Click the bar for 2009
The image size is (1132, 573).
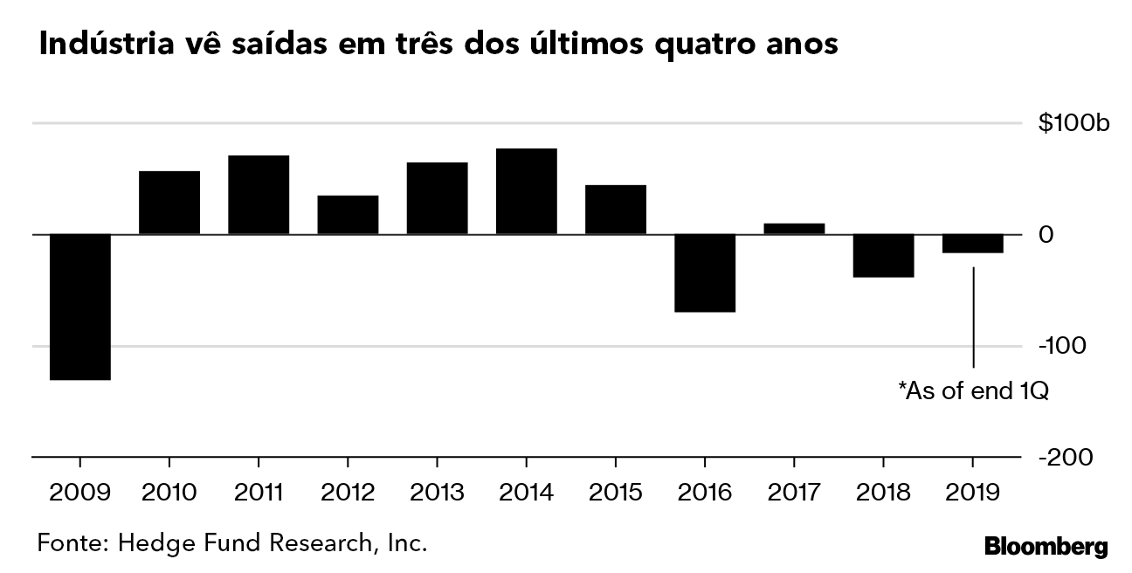coord(79,307)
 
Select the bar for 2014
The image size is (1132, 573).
coord(526,191)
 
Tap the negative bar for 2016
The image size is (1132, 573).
coord(704,273)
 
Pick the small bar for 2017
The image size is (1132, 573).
coord(793,229)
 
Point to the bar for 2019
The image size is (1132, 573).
coord(971,244)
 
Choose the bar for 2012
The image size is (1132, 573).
coord(348,215)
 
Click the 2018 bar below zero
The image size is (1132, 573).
coord(882,256)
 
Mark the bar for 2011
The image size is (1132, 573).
coord(259,195)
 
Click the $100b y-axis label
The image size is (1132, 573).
coord(1073,123)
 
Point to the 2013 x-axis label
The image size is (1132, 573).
coord(437,493)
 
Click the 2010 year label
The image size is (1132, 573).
coord(169,493)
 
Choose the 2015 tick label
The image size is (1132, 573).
coord(615,493)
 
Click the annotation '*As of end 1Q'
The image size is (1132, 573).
coord(972,391)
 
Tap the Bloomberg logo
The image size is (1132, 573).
coord(1046,548)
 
